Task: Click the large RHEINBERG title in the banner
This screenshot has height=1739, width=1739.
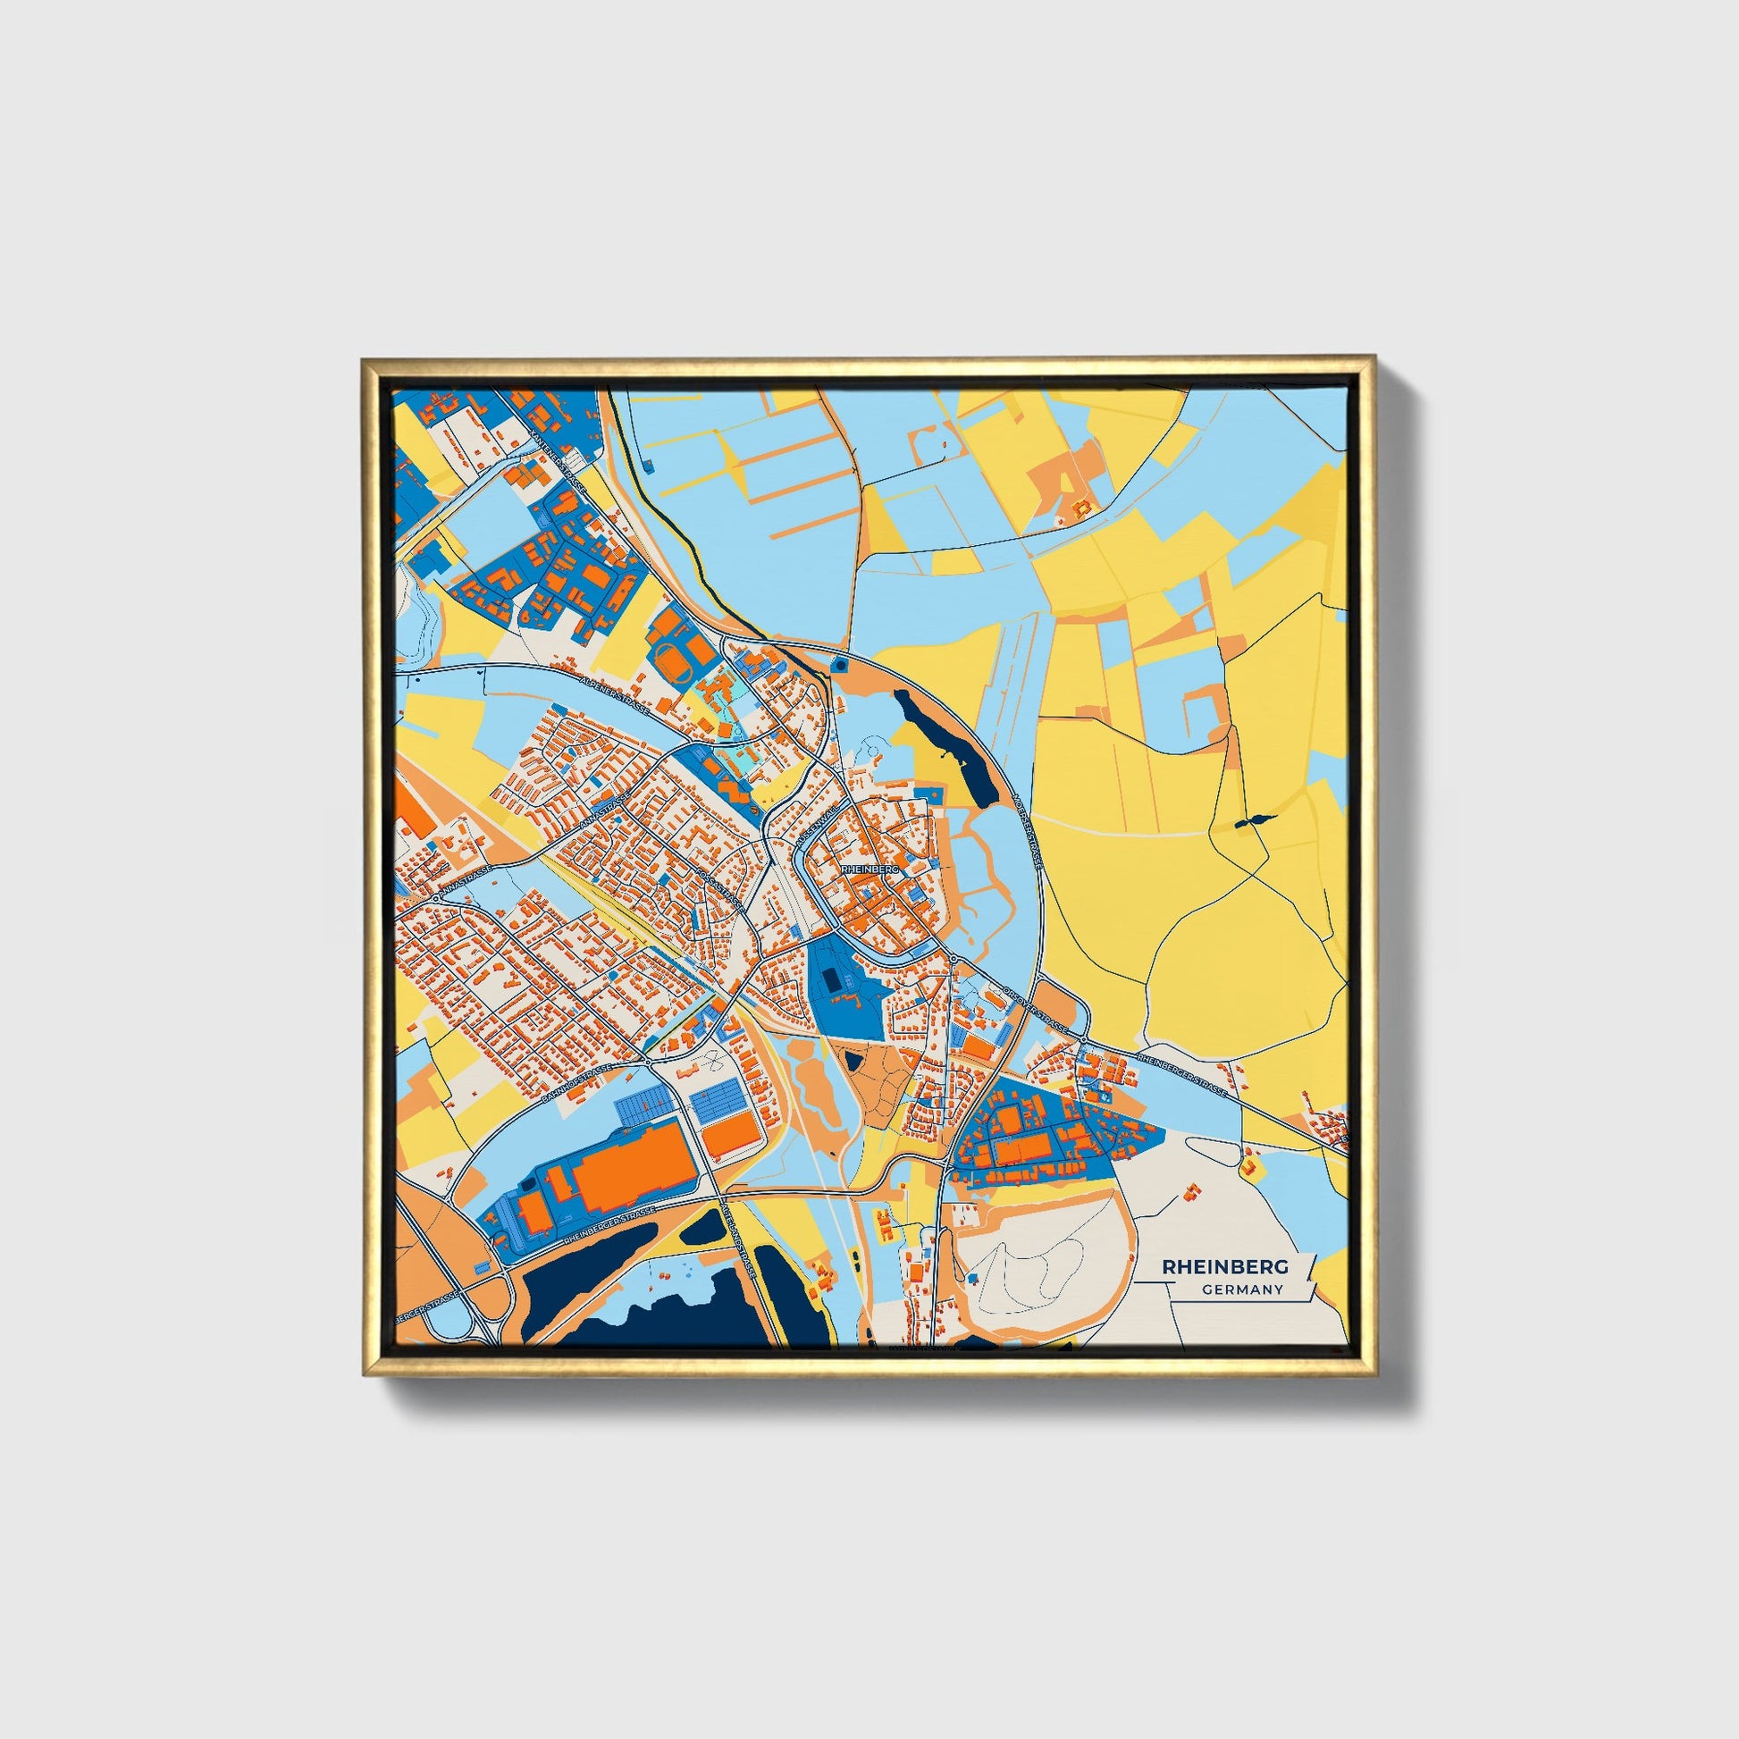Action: [x=1225, y=1266]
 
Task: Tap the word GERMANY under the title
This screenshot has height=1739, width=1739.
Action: [x=1241, y=1290]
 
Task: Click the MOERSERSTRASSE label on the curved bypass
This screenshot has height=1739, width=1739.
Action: [x=1027, y=829]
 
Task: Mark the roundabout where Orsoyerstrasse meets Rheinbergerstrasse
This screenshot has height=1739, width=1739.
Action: [x=1083, y=1041]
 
